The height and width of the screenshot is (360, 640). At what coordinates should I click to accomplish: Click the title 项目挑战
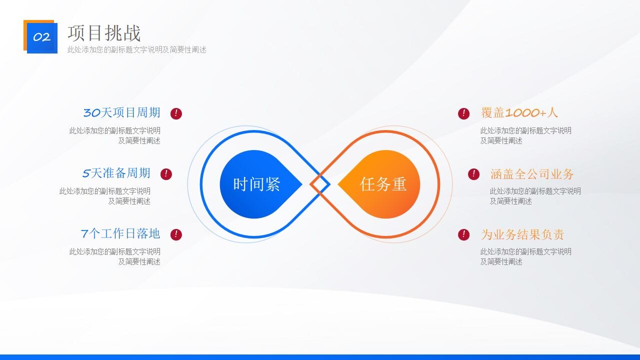[x=104, y=33]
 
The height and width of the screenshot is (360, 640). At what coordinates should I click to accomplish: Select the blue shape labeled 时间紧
[x=257, y=184]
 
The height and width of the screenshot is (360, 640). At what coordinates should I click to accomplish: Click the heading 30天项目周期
[x=121, y=112]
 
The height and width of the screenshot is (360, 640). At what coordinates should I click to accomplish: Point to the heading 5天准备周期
[x=116, y=173]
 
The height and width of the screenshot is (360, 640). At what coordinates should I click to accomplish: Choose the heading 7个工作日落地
[x=120, y=233]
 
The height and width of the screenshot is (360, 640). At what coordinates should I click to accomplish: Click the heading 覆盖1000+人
[x=519, y=112]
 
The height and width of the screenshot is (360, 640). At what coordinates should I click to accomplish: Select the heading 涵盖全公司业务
[x=532, y=174]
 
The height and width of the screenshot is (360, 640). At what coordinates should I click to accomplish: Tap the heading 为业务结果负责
[x=522, y=234]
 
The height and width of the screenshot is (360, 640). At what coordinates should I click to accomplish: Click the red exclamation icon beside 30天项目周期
[x=176, y=113]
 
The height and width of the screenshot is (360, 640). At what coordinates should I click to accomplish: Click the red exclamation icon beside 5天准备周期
[x=166, y=174]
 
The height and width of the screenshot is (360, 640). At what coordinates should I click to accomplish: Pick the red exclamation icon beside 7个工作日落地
[x=176, y=234]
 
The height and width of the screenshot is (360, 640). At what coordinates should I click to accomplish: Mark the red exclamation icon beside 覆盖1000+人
[x=463, y=113]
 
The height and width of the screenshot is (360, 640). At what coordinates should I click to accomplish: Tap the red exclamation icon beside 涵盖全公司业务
[x=473, y=174]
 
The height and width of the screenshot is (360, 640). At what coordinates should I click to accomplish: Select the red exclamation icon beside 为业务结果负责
[x=463, y=234]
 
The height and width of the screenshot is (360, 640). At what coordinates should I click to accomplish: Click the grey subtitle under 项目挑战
[x=137, y=49]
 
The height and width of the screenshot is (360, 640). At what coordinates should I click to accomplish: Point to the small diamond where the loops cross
[x=320, y=184]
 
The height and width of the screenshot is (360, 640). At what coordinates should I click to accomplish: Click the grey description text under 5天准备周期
[x=105, y=196]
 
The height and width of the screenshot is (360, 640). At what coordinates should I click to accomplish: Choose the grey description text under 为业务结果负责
[x=525, y=256]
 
